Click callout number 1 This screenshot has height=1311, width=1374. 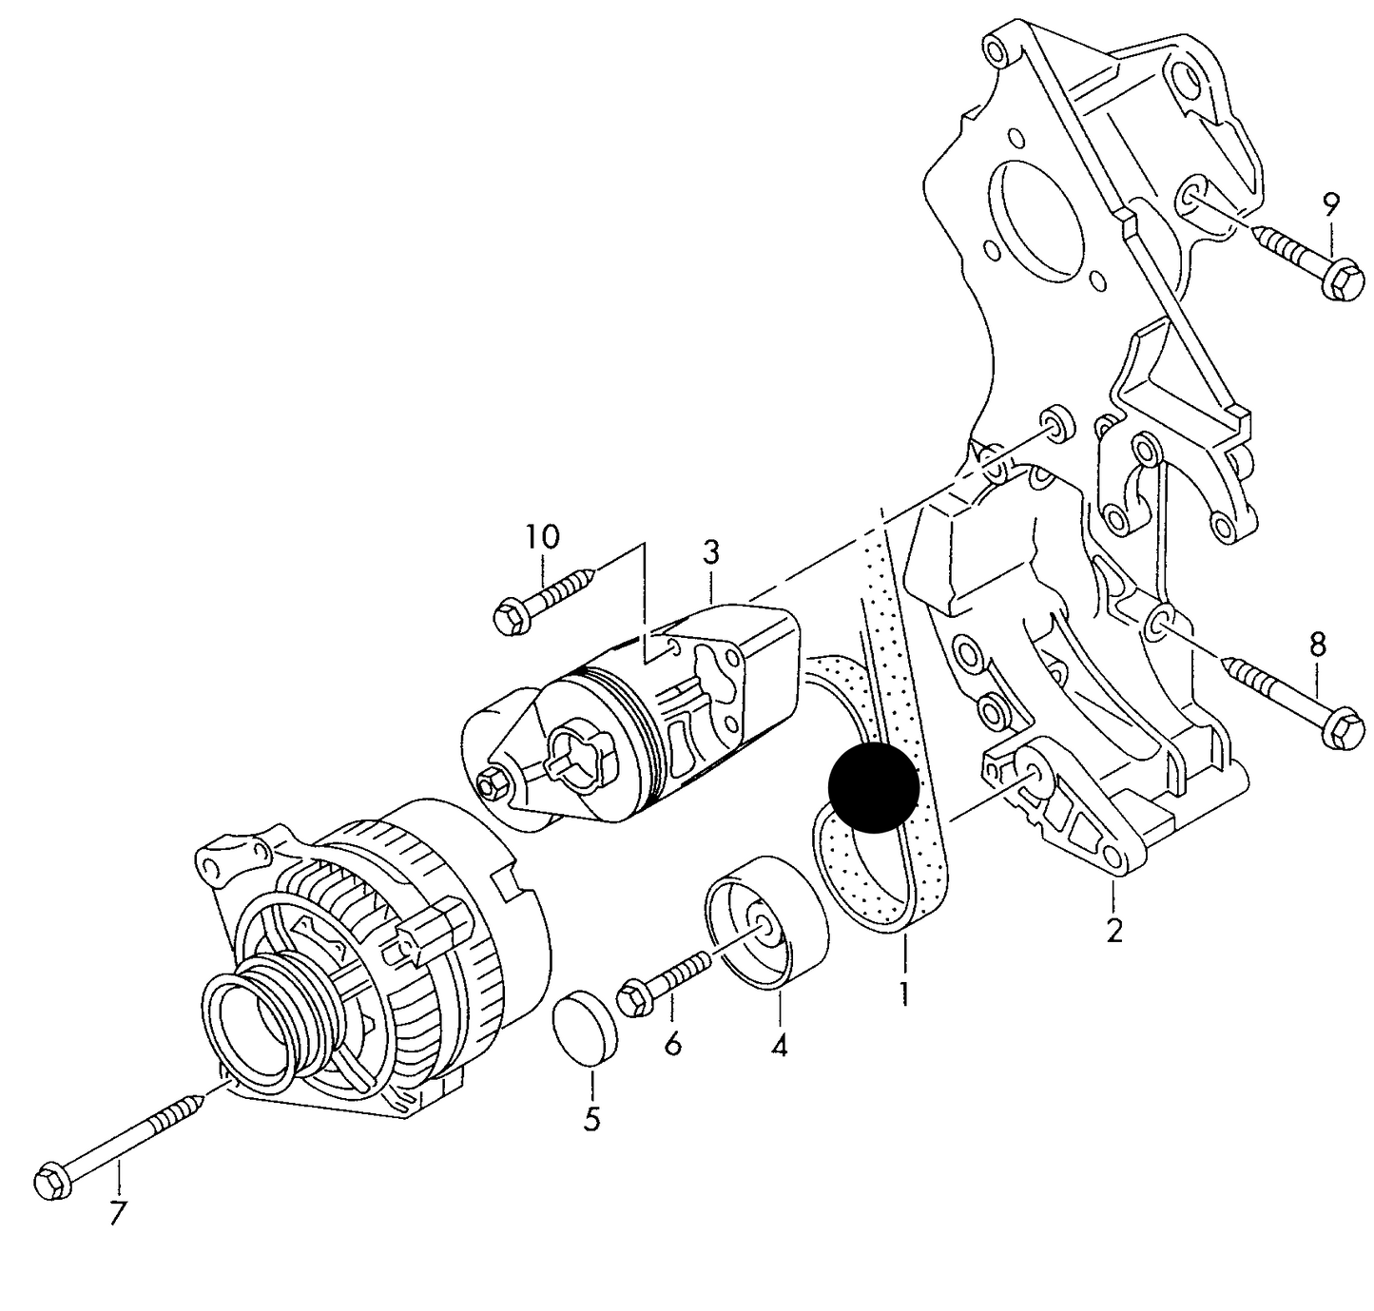pos(903,994)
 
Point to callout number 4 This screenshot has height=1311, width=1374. pos(779,1047)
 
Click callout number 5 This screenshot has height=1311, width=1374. pos(591,1119)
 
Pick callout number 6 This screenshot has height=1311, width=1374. pos(672,1044)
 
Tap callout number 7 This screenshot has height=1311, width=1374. pos(117,1214)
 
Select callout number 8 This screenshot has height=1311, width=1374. pos(1317,646)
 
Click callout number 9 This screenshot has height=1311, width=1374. pos(1330,203)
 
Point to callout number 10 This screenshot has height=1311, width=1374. pos(543,537)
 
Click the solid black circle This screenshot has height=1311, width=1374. pos(874,786)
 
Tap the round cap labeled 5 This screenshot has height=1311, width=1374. pos(584,1029)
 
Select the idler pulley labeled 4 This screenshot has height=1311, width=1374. pos(766,923)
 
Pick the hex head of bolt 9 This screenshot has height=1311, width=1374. pos(1343,278)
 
